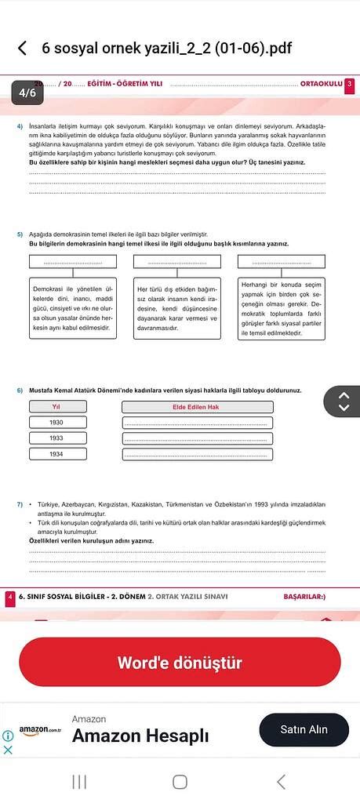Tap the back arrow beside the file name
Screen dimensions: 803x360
pyautogui.click(x=22, y=49)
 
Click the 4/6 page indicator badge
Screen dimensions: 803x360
pyautogui.click(x=27, y=93)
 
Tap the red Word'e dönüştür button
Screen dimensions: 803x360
pyautogui.click(x=180, y=663)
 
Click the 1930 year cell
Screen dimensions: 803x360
pyautogui.click(x=56, y=423)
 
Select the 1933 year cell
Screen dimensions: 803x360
pyautogui.click(x=56, y=438)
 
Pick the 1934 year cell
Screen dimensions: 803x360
pyautogui.click(x=56, y=454)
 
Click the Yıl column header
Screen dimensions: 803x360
pyautogui.click(x=56, y=406)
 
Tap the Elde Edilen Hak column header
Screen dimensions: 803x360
pyautogui.click(x=197, y=406)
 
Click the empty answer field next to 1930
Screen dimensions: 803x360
pyautogui.click(x=197, y=423)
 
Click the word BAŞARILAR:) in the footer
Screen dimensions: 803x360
pyautogui.click(x=304, y=597)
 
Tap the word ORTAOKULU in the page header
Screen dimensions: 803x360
pyautogui.click(x=321, y=84)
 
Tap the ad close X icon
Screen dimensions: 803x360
pyautogui.click(x=8, y=749)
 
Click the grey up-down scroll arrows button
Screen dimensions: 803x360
pyautogui.click(x=343, y=401)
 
